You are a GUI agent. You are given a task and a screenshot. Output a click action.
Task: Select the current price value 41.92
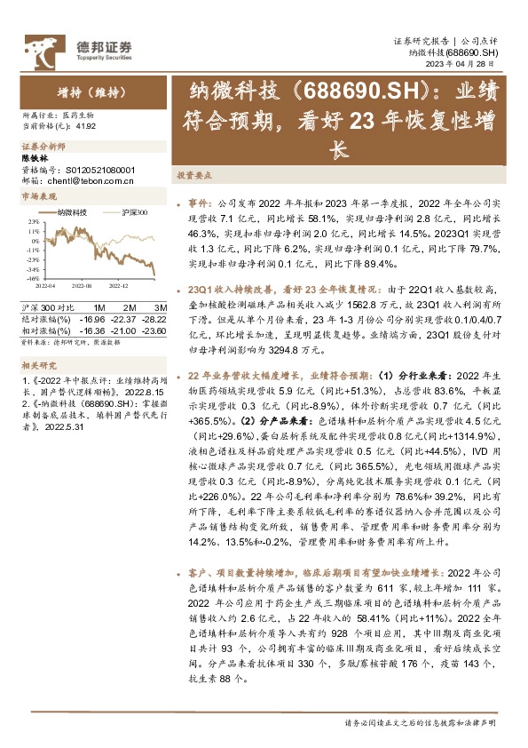click(x=86, y=127)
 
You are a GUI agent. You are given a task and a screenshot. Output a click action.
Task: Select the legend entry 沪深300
click(x=132, y=213)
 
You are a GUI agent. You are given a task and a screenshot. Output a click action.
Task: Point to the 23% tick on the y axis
click(x=31, y=221)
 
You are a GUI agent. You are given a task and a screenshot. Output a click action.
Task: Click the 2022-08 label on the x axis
click(x=83, y=286)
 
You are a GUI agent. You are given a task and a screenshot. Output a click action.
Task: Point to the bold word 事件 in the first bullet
click(x=197, y=203)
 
